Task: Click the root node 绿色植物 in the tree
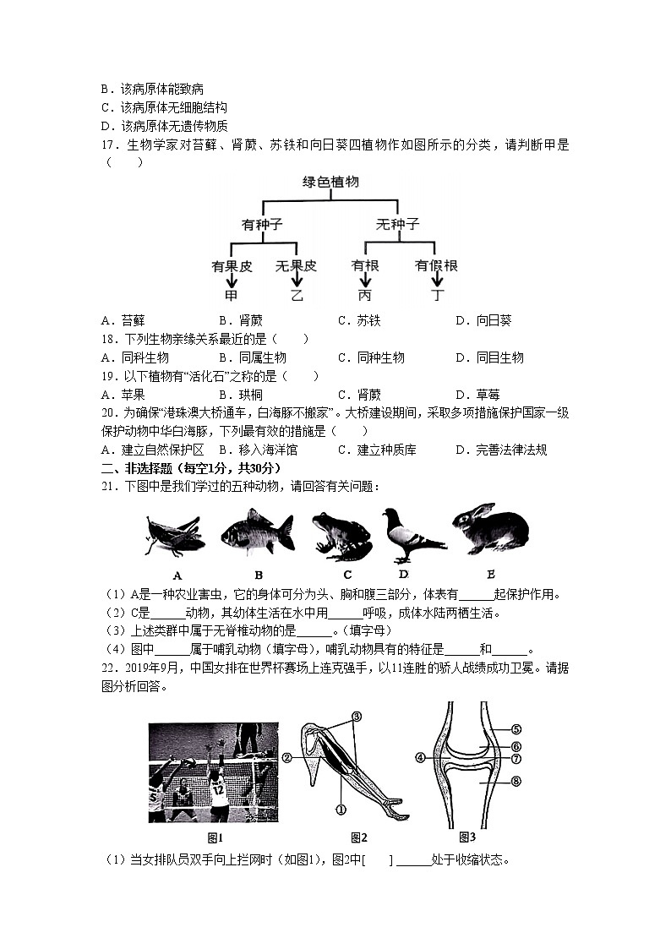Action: click(330, 182)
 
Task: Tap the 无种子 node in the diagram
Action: click(396, 224)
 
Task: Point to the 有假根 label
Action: click(435, 265)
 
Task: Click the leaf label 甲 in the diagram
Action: click(231, 296)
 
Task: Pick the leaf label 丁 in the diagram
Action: click(436, 296)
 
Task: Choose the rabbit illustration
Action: click(490, 529)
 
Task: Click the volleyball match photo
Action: click(213, 772)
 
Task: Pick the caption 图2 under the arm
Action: click(359, 837)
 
